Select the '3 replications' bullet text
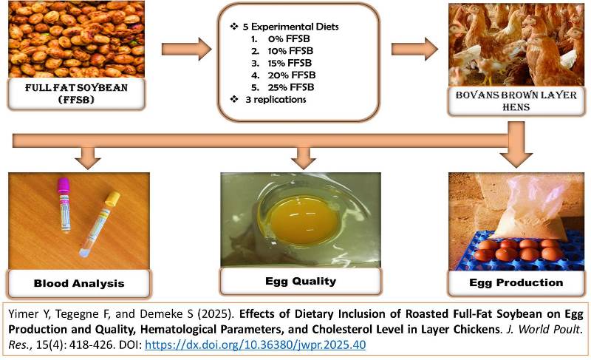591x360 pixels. pyautogui.click(x=275, y=99)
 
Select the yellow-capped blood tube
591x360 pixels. pyautogui.click(x=99, y=222)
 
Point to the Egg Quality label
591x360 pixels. pyautogui.click(x=300, y=281)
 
